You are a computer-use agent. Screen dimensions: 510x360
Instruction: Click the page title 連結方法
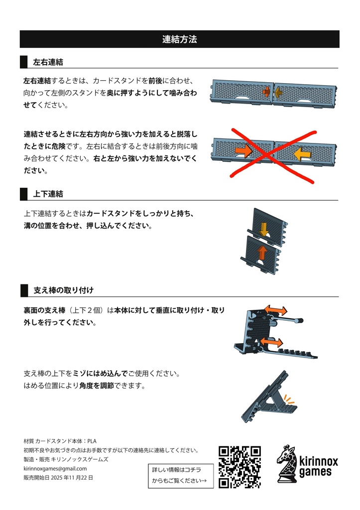180,39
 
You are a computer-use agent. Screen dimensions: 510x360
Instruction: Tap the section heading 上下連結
48,194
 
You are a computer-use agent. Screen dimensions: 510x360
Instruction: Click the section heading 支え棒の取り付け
63,290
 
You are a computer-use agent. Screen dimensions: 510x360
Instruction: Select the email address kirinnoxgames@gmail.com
55,469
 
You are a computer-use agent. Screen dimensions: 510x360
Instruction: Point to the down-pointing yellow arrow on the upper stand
263,229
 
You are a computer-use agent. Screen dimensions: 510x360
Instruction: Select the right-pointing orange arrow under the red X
243,149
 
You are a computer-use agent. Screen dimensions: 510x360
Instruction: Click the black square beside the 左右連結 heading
23,62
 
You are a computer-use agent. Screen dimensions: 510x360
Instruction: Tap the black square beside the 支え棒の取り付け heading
23,290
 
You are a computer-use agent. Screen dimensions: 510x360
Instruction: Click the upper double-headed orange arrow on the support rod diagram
275,310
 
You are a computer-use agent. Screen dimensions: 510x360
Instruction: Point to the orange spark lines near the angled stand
289,399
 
